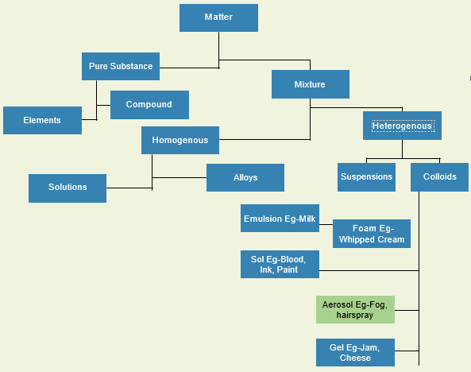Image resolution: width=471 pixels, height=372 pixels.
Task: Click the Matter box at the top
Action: (x=218, y=17)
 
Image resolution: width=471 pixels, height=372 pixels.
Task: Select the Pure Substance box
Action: (x=121, y=66)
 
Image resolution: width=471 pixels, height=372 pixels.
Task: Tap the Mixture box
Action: (x=311, y=84)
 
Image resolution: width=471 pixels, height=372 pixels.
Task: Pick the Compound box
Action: (x=149, y=105)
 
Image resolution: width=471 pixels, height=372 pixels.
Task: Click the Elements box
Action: (x=42, y=120)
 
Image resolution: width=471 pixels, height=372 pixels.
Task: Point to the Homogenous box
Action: (x=180, y=140)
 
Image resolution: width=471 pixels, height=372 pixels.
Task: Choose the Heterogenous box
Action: (x=402, y=126)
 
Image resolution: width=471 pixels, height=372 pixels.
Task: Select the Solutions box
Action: (x=68, y=188)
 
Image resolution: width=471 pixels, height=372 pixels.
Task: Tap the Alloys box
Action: (x=245, y=178)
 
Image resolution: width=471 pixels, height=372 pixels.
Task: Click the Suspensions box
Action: (x=366, y=177)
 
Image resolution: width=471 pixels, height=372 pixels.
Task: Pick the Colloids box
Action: (x=439, y=177)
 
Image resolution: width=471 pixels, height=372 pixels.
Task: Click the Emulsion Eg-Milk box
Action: (x=280, y=219)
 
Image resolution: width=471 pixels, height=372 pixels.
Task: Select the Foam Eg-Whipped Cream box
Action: (x=372, y=234)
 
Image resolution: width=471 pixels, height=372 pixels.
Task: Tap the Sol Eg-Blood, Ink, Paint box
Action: (x=280, y=265)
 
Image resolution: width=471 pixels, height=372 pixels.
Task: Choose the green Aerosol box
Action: (x=355, y=309)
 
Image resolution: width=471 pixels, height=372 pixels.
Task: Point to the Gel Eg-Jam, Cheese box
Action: (x=355, y=352)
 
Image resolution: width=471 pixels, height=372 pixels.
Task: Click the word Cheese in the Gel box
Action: (x=355, y=358)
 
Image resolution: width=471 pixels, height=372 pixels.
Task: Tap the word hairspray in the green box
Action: (x=355, y=315)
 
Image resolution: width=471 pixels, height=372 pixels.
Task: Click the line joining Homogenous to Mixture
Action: (x=264, y=140)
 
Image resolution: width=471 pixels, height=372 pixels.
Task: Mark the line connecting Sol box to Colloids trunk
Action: (x=369, y=271)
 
